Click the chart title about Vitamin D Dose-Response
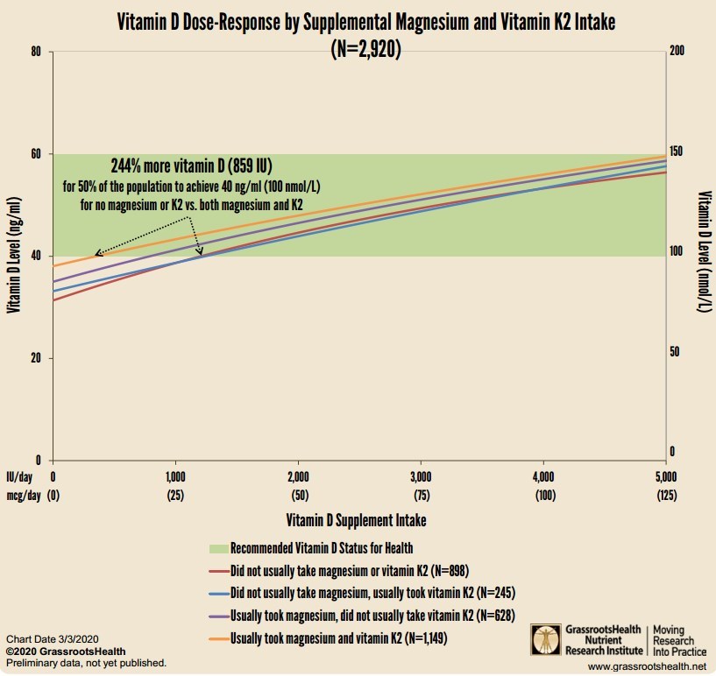365,24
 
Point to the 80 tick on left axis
35,52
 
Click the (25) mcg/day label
175,496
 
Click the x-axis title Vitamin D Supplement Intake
357,520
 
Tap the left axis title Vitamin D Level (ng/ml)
14,255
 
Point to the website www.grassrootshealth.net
646,667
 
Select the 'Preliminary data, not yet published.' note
85,663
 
